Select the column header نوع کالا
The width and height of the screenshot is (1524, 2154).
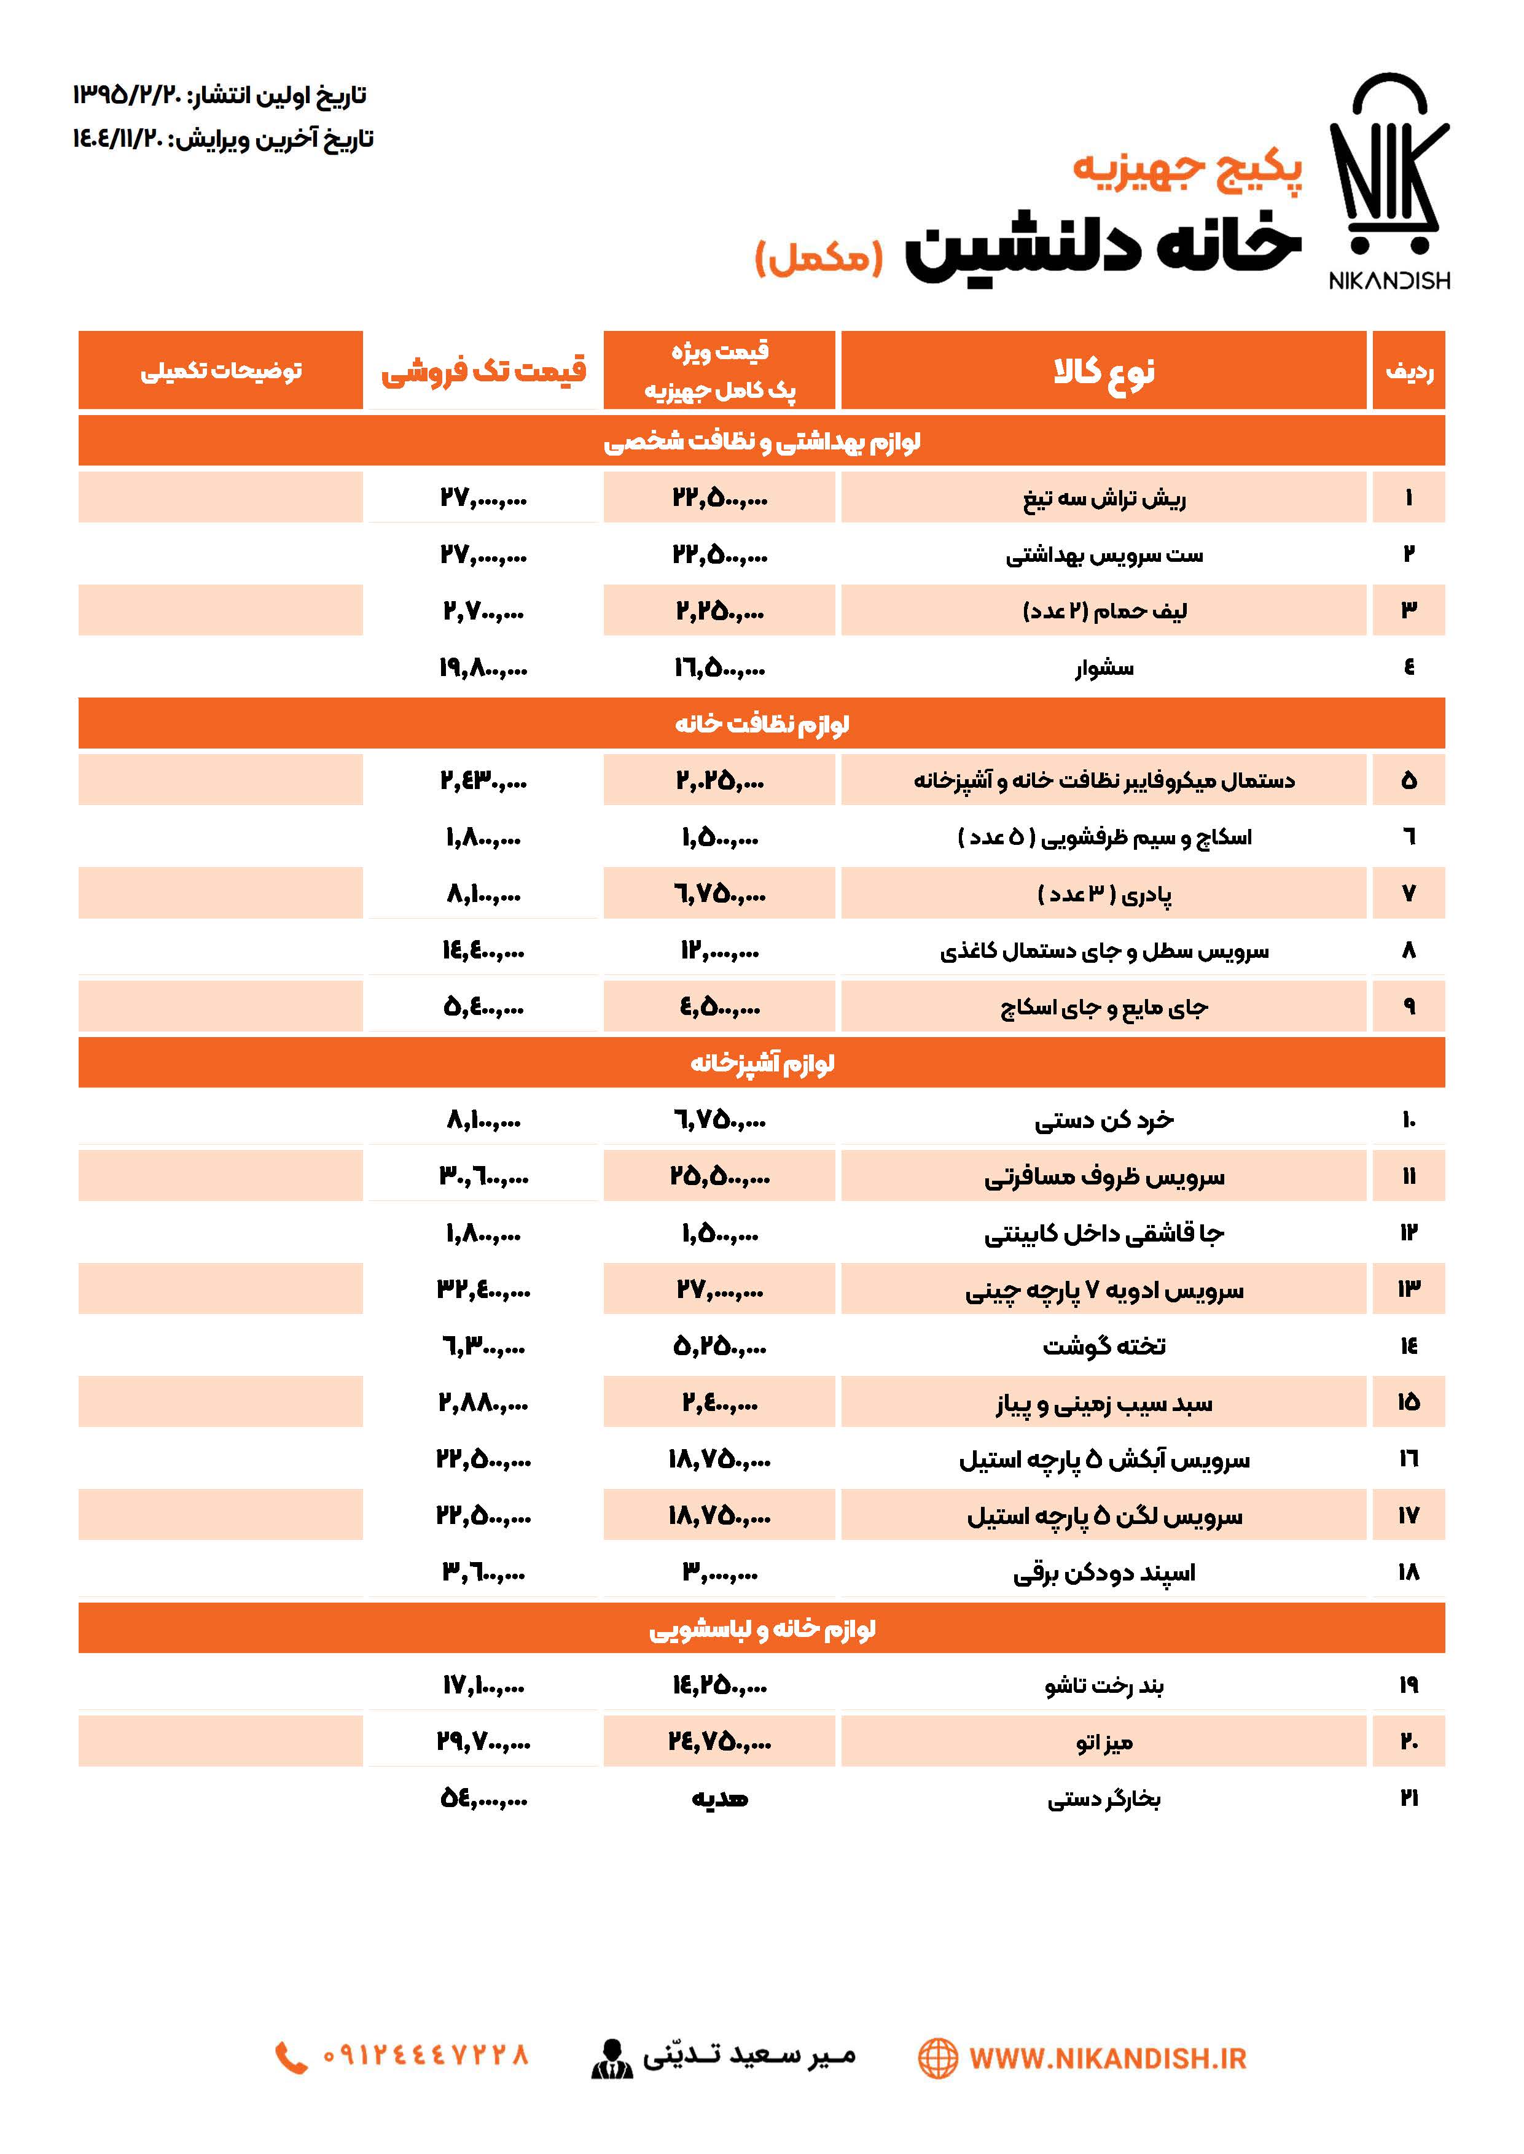(1104, 371)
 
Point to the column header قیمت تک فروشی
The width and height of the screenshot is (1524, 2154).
(483, 371)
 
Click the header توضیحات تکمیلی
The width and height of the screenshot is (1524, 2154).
(222, 371)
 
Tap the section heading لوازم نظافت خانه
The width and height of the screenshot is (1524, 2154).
(762, 723)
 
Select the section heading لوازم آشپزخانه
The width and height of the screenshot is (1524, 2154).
(762, 1063)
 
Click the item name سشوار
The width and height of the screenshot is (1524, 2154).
(1104, 668)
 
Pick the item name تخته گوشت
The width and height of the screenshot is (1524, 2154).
(1104, 1346)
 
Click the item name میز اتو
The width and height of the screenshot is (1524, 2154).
(1104, 1742)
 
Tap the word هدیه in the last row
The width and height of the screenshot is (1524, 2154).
(720, 1798)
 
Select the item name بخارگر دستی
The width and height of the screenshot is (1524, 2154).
(1104, 1798)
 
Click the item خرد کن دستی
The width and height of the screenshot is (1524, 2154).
(1104, 1120)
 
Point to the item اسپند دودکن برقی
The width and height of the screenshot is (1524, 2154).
(1104, 1573)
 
